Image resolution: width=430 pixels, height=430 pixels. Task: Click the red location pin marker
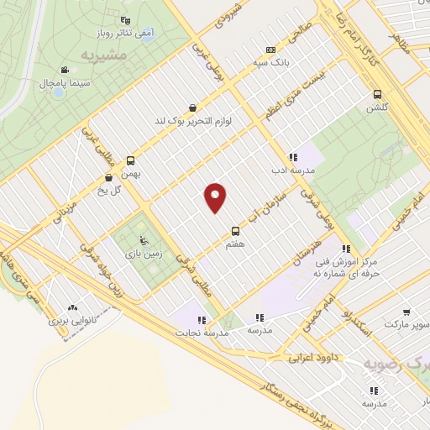coord(216,198)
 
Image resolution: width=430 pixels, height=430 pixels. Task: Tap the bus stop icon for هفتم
coord(235,231)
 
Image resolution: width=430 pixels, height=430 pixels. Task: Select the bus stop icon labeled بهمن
coord(130,160)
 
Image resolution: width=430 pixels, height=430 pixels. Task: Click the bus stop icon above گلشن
coord(377,95)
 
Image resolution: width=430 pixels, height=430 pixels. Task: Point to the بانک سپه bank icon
coord(270,50)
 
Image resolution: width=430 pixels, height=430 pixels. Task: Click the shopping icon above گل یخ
coord(109,178)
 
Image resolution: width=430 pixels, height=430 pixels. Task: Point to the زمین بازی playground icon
coord(142,239)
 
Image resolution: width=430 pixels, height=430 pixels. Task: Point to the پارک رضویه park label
coord(395,364)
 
